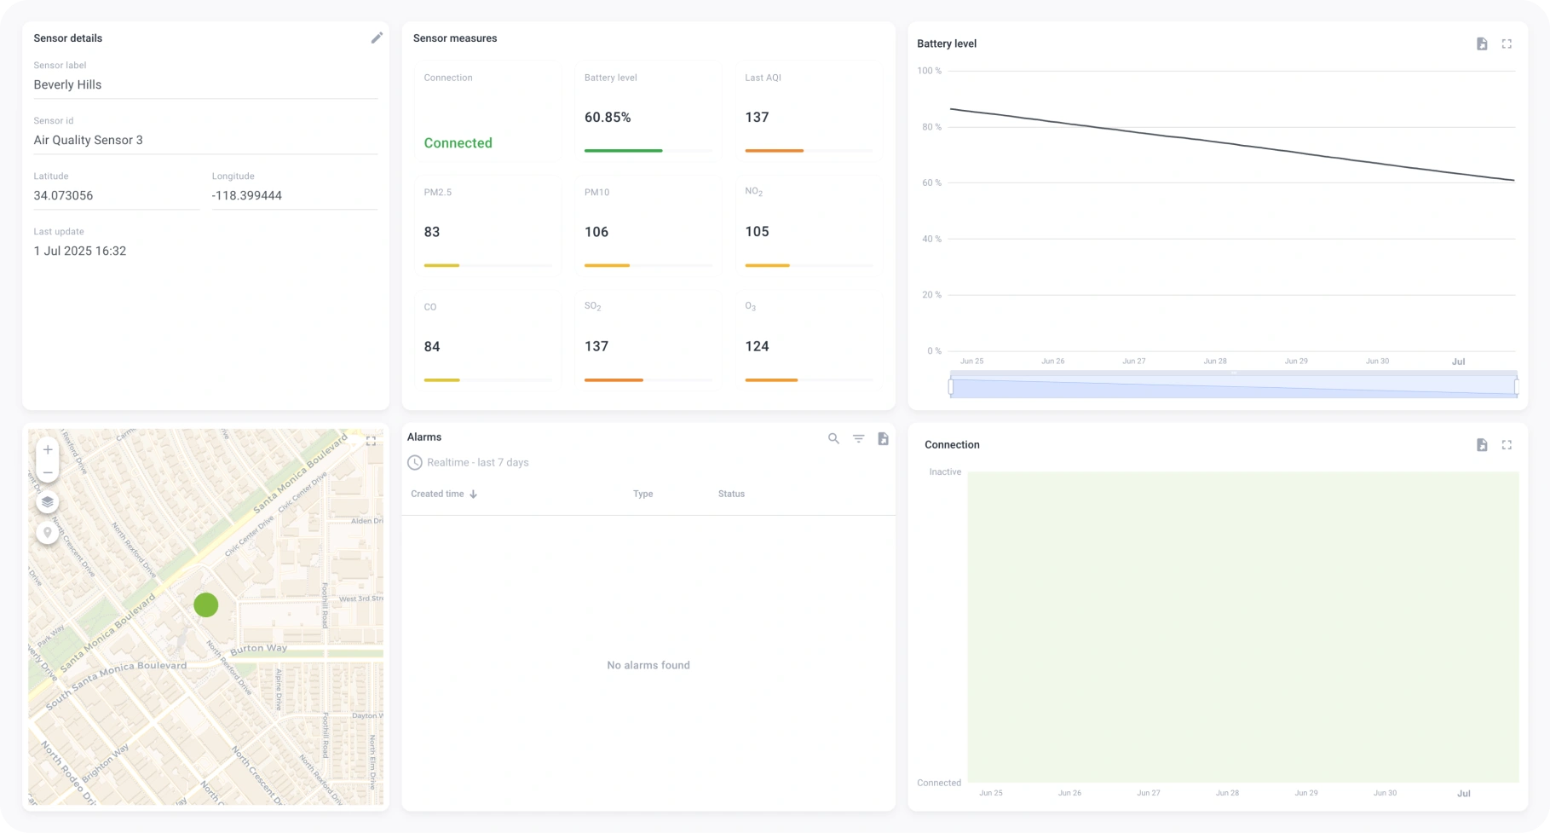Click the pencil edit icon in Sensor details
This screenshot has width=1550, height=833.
click(377, 38)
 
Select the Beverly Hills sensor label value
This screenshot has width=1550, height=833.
click(67, 84)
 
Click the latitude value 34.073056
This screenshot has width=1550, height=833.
click(63, 195)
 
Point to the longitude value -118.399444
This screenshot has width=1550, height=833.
click(247, 195)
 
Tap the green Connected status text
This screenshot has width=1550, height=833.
click(458, 143)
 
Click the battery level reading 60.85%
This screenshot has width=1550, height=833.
click(608, 118)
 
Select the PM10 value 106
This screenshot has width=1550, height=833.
click(596, 232)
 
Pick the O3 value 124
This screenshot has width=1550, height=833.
click(757, 346)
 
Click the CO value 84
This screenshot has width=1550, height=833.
click(432, 346)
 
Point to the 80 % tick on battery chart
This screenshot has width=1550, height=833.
click(929, 127)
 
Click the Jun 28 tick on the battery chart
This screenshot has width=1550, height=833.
click(1215, 362)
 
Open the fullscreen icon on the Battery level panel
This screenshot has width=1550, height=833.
click(1507, 43)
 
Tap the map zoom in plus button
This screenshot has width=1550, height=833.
click(48, 449)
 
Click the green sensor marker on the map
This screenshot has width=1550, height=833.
click(206, 605)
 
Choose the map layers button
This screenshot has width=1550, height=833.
click(48, 502)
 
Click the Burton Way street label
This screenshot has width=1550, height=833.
click(259, 649)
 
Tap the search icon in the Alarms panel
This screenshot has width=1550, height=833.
click(833, 438)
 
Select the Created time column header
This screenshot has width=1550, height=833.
click(437, 494)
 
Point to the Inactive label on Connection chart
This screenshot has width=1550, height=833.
click(945, 472)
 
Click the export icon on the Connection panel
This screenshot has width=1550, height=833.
click(1482, 445)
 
